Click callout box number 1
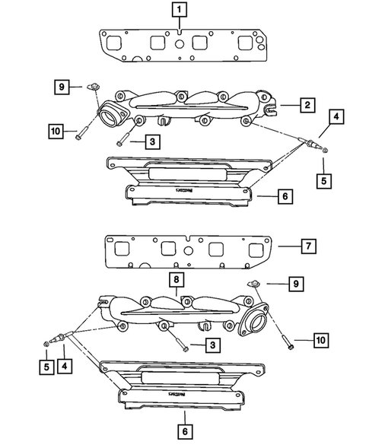(x=177, y=11)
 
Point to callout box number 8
(x=177, y=281)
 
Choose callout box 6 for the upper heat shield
(x=283, y=196)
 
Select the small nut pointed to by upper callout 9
(x=93, y=86)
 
